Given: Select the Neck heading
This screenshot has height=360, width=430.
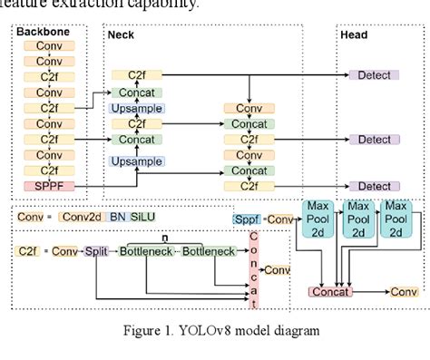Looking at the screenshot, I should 121,34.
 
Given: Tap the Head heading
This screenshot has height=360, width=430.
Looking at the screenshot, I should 353,34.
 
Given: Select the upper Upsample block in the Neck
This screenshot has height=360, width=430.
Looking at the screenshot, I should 136,108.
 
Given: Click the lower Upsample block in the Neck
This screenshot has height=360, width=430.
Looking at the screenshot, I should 136,161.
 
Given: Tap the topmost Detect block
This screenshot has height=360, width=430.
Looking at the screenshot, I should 374,75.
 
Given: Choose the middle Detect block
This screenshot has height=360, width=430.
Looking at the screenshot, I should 374,140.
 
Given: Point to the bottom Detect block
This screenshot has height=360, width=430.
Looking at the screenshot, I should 374,186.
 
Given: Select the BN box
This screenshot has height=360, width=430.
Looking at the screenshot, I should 119,218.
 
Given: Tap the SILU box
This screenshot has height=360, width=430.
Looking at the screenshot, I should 142,218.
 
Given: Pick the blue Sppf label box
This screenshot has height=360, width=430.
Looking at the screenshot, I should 246,219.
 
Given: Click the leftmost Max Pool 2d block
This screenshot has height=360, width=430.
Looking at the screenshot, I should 318,219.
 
